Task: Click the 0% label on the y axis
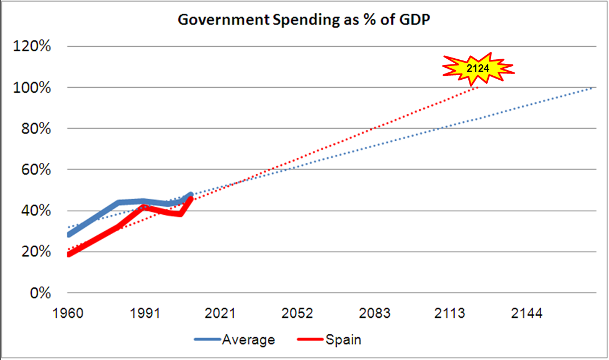click(x=38, y=293)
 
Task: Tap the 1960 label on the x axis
click(x=67, y=314)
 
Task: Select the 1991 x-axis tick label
click(x=144, y=314)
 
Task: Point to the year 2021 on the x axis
click(x=221, y=314)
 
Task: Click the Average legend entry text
click(x=248, y=340)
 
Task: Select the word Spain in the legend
click(x=344, y=340)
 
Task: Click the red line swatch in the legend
click(x=310, y=340)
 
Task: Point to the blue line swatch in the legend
click(x=206, y=340)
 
